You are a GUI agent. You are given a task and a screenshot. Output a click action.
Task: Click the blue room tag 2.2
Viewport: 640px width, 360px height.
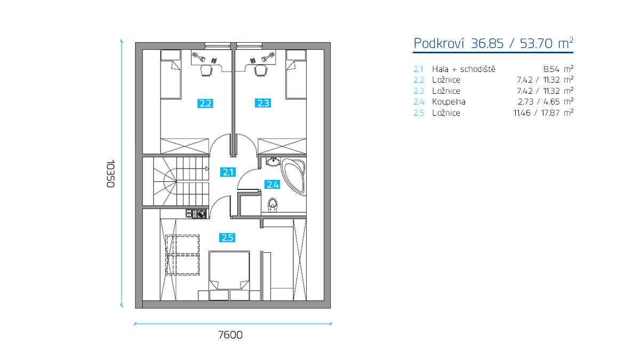pos(205,103)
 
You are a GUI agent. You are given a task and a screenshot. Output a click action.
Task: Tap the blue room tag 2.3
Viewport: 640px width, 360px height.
pos(263,103)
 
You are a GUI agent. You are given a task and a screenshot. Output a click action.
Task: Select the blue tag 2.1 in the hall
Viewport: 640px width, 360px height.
pos(228,172)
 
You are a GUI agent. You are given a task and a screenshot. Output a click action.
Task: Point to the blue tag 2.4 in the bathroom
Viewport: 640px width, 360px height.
pos(273,185)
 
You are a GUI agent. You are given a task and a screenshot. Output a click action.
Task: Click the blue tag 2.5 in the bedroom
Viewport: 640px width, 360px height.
pos(227,237)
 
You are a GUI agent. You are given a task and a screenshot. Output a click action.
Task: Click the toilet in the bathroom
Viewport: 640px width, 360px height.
pos(273,205)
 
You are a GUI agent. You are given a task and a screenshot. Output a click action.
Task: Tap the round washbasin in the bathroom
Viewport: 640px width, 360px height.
pos(273,162)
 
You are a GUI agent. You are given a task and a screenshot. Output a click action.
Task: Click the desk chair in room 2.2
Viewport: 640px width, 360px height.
pos(206,70)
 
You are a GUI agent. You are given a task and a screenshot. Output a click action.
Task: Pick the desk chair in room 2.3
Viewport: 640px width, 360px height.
pos(261,70)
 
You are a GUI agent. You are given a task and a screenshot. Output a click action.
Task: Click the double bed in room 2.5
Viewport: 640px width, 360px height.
pos(229,270)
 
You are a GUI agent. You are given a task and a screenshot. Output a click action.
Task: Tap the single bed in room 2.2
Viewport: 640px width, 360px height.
pos(171,75)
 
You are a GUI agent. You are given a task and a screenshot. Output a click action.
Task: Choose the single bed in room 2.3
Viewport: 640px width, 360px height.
pos(296,75)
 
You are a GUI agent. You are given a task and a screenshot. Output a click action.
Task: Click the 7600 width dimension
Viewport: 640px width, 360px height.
pos(230,335)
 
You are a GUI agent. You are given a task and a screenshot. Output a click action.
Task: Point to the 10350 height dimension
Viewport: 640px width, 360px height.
pos(110,174)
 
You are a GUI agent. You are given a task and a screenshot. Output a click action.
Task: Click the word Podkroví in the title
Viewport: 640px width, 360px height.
pos(439,43)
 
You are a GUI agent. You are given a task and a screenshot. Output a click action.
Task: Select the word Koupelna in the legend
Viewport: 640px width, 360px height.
pos(449,102)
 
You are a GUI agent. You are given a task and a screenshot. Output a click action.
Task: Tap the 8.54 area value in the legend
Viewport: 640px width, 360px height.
pos(551,69)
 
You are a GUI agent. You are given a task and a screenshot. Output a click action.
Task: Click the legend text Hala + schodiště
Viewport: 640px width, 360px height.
pos(463,69)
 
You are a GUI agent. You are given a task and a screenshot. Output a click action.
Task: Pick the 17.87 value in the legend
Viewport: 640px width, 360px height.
pos(550,113)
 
